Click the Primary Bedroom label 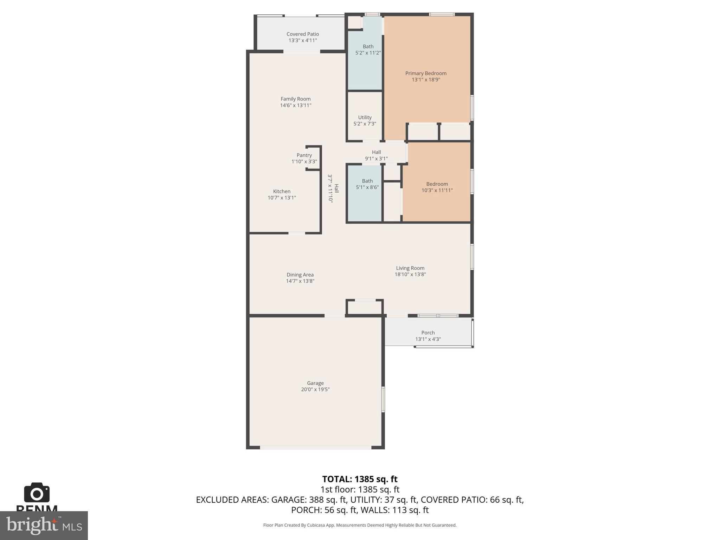(425, 73)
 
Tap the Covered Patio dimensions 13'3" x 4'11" (302, 40)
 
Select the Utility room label (365, 117)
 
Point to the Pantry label (304, 155)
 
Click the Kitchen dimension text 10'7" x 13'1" (282, 198)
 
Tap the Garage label (315, 383)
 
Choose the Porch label (428, 333)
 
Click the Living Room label (410, 268)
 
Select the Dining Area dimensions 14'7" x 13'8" (300, 281)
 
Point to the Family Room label (295, 99)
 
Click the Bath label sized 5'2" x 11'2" (368, 46)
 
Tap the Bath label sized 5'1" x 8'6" (367, 181)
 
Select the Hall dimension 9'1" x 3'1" (376, 159)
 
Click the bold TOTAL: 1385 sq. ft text (360, 479)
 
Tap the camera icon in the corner (37, 493)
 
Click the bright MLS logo (44, 525)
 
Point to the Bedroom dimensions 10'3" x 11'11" (437, 190)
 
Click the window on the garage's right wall (383, 399)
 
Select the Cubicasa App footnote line (360, 525)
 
